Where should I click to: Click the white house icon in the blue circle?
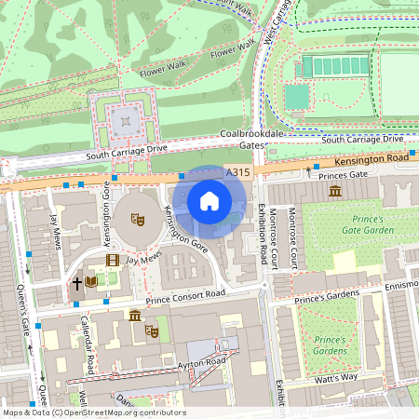209,200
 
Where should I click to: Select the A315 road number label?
237,172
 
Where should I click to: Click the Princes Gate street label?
344,174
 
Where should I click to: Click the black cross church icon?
76,280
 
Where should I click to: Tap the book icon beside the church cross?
91,280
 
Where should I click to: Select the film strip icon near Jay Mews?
113,261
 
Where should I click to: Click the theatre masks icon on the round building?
137,220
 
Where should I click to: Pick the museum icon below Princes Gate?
334,191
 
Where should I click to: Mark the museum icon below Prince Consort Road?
136,316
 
